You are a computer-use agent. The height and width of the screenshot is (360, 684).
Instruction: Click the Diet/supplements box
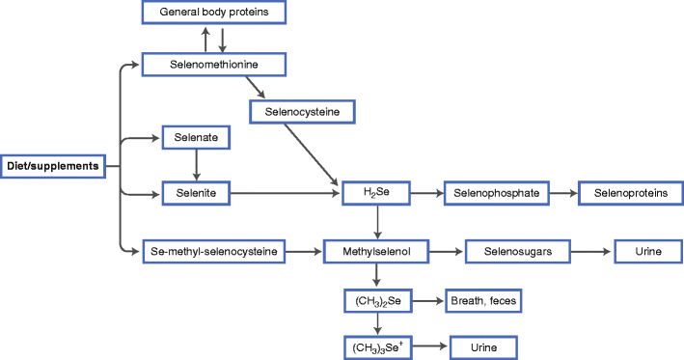53,166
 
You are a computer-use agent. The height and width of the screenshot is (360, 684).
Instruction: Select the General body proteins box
213,13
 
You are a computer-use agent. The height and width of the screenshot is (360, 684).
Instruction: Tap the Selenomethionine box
213,66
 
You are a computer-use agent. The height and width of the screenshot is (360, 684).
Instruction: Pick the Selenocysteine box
302,112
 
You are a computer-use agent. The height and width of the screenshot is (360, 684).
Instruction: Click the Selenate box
196,139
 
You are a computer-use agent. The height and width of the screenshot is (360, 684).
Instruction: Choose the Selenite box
196,194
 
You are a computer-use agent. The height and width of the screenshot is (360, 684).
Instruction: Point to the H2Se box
377,194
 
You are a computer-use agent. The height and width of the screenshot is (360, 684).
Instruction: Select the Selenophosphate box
497,194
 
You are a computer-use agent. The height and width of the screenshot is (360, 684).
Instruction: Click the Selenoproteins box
630,194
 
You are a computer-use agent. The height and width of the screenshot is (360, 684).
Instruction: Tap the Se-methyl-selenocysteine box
214,252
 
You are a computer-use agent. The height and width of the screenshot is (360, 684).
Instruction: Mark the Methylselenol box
377,252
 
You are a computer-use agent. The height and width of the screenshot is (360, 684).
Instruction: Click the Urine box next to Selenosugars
647,252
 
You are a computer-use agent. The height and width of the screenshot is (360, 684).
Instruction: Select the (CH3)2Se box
377,302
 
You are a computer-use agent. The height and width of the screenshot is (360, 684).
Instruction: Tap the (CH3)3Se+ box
377,346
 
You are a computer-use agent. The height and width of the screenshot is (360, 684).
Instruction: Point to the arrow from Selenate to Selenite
197,166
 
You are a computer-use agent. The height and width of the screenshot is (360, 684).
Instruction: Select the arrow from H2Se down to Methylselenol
377,223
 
